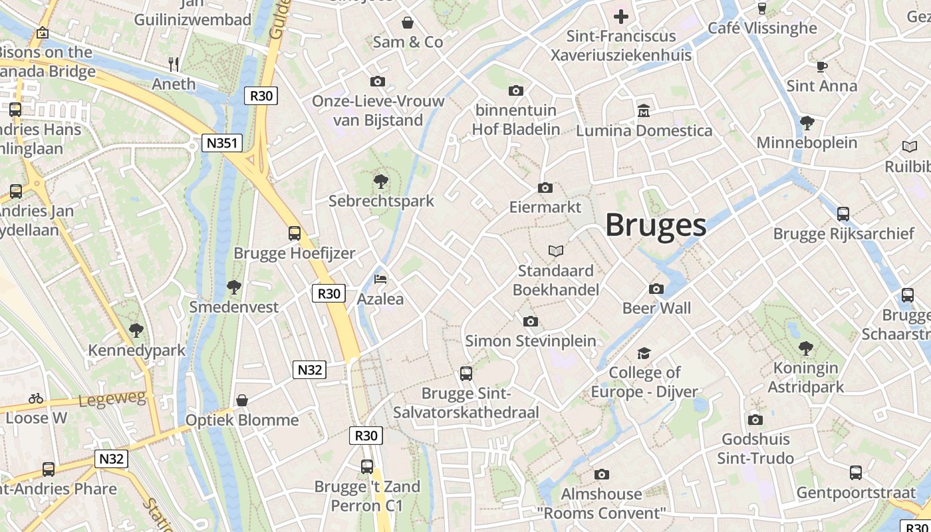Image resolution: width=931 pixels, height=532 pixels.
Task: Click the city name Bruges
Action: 655,225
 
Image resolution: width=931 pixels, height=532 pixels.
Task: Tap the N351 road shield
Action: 222,143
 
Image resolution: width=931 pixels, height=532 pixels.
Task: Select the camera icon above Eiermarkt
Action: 545,188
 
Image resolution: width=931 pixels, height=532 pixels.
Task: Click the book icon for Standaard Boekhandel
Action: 556,251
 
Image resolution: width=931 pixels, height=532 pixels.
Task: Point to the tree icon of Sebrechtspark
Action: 381,181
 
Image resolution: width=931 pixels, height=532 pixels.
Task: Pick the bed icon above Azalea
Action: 380,279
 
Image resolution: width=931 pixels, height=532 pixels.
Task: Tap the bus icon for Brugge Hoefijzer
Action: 295,233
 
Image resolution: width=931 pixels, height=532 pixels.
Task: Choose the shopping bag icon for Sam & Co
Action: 408,23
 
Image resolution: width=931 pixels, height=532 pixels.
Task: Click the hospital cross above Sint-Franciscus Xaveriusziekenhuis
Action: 621,17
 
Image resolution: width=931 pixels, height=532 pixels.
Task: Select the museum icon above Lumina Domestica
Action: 644,110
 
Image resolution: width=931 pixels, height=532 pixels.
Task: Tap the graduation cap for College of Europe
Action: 644,353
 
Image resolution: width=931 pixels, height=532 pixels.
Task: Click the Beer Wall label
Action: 656,309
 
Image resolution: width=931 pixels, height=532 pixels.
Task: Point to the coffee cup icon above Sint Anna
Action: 822,66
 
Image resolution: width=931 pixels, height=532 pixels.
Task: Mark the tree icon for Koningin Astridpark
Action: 806,348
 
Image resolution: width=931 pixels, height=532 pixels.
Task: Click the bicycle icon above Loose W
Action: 36,399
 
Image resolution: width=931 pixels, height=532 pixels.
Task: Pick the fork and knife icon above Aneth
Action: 174,64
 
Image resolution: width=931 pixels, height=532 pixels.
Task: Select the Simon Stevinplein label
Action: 530,341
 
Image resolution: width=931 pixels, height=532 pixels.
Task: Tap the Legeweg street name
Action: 112,400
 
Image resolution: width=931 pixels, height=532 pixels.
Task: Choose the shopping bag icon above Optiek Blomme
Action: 242,400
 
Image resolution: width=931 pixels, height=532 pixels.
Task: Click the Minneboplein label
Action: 807,143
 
